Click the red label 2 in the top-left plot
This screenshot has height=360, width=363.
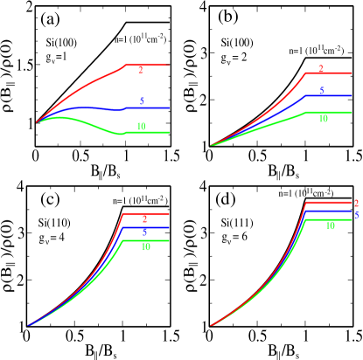[141, 70]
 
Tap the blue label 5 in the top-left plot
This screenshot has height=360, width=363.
[142, 101]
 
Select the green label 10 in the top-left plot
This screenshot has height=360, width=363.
[141, 127]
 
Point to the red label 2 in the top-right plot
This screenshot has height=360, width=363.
[321, 68]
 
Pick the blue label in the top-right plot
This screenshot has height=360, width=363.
[321, 91]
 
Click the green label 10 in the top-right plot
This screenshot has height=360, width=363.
[323, 118]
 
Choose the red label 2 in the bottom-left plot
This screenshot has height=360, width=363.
[144, 218]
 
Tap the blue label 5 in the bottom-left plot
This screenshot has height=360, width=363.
[144, 232]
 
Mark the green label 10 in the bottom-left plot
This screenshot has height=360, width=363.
[145, 246]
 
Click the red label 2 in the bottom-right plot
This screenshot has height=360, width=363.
[356, 203]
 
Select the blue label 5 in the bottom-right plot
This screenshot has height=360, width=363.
[356, 214]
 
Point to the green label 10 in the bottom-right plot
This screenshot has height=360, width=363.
[330, 225]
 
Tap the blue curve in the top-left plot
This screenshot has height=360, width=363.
[87, 107]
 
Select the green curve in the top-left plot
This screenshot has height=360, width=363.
[87, 122]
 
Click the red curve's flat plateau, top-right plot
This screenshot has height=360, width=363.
[332, 73]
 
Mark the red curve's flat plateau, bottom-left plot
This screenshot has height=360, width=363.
[153, 213]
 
